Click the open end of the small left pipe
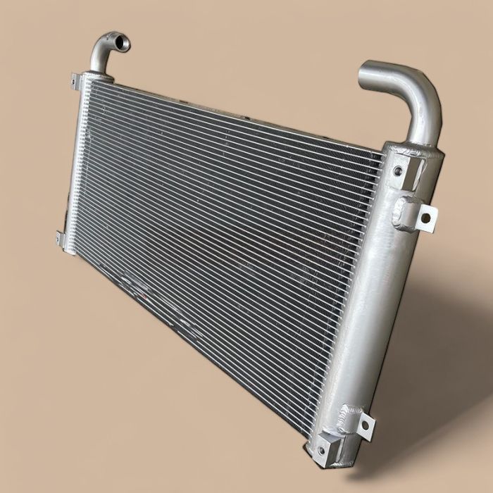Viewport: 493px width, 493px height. pos(120,43)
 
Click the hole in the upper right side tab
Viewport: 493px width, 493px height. pos(425,217)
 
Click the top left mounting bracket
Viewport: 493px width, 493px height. pos(76,80)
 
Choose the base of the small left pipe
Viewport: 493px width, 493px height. pos(96,68)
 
